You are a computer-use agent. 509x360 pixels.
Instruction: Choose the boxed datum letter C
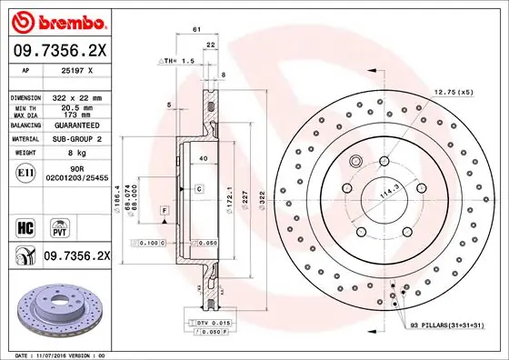(197, 188)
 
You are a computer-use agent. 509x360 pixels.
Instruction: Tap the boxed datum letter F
(164, 210)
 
